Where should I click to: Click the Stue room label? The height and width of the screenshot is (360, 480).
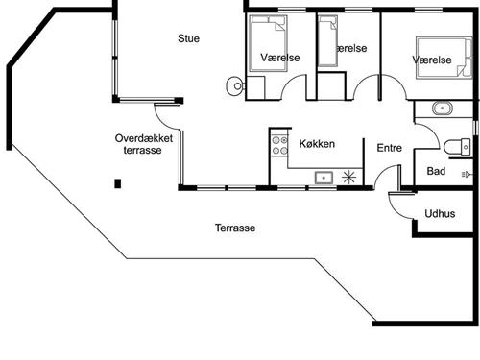click(188, 38)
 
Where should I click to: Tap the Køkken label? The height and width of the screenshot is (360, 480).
click(317, 144)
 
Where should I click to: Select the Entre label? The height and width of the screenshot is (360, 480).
click(390, 148)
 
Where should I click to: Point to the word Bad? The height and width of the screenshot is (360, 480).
click(436, 171)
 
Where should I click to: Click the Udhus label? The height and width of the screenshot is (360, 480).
click(440, 213)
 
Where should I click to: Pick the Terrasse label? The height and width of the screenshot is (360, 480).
click(235, 228)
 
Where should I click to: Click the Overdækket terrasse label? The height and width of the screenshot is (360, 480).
click(144, 144)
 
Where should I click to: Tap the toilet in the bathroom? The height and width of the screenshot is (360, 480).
click(457, 147)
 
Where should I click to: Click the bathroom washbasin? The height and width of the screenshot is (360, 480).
click(443, 108)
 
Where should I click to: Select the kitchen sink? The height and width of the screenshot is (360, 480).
click(324, 178)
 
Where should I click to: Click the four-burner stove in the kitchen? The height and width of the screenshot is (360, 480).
click(280, 146)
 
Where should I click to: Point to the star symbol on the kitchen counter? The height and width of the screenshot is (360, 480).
click(348, 178)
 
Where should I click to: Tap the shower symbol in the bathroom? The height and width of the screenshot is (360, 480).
click(467, 175)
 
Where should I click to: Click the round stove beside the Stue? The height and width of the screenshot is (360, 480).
click(235, 85)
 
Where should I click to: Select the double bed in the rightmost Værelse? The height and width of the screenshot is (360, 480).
click(444, 58)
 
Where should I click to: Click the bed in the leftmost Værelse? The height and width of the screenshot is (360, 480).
click(268, 43)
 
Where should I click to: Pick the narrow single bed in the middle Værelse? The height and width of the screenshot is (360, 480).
click(328, 41)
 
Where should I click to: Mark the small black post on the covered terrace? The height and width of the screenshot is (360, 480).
click(118, 183)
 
